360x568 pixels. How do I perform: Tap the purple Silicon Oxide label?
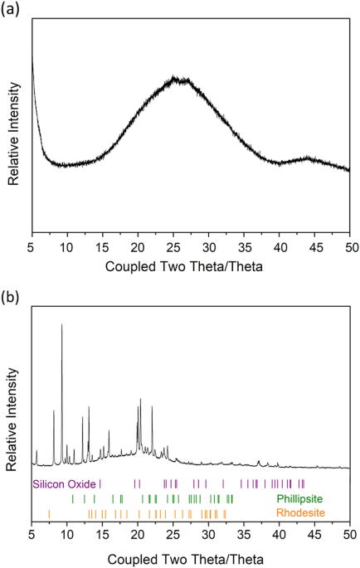click(65, 483)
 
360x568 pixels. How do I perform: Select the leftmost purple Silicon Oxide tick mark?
click(100, 483)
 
